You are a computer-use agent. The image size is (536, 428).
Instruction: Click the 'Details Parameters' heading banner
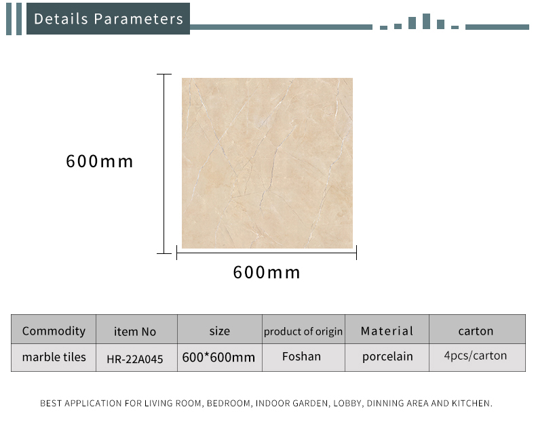[108, 19]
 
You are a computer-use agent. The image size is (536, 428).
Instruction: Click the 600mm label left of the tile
[100, 161]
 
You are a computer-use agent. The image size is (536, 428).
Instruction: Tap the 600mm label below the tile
[267, 272]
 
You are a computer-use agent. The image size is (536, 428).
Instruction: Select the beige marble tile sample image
[267, 163]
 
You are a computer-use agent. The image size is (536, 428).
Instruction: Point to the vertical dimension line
[164, 164]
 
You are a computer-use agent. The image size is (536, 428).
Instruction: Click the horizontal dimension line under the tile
[267, 253]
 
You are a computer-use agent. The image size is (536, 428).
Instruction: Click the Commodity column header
[54, 330]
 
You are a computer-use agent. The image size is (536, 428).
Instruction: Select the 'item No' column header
[135, 331]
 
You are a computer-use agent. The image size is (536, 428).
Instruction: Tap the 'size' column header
[219, 331]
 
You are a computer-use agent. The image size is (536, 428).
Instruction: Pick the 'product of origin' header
[303, 331]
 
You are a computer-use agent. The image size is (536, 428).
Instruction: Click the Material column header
[387, 330]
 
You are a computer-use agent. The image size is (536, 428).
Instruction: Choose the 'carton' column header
[476, 331]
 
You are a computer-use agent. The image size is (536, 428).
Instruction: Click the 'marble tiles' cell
[54, 357]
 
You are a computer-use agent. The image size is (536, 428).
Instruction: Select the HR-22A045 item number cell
[135, 359]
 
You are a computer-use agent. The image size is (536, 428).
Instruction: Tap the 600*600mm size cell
[218, 358]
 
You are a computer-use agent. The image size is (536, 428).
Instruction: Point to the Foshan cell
[301, 356]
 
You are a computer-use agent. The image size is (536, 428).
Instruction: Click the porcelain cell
[387, 357]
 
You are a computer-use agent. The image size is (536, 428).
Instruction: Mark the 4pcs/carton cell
[476, 356]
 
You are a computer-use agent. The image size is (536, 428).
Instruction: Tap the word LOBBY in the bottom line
[347, 404]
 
